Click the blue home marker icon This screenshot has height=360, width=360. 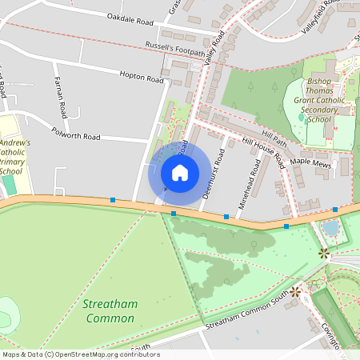pos(179,172)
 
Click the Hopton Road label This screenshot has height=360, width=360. pos(140,77)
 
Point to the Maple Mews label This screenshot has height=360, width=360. pos(310,162)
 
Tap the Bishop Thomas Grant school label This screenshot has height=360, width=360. pos(318,102)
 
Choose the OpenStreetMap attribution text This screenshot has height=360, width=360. pos(80,354)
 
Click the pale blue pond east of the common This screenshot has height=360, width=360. pos(330,228)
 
